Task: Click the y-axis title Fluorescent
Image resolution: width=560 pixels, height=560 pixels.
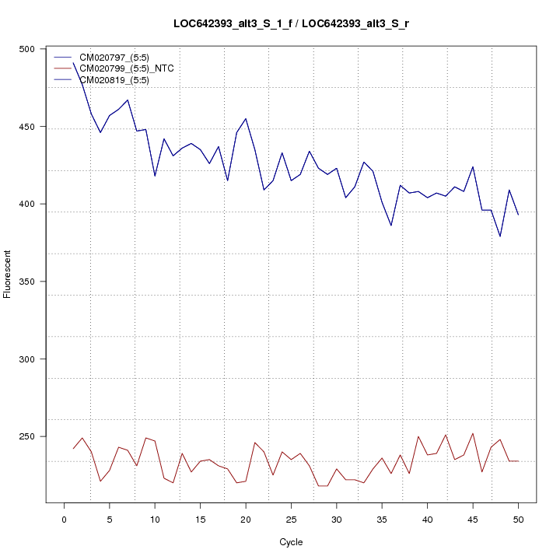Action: pos(9,274)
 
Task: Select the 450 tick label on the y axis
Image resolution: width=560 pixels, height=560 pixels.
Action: pos(26,127)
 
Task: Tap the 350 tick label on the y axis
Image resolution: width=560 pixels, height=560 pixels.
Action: pos(26,282)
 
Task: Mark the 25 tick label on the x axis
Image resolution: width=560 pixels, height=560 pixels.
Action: pos(291,519)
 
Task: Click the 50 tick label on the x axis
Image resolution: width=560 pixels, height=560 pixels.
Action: pos(518,519)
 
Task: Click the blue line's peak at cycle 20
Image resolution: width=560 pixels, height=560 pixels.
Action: pos(246,119)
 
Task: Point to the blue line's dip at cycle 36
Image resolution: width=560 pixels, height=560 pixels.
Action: pos(391,226)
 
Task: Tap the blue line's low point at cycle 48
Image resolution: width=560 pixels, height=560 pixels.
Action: pos(500,236)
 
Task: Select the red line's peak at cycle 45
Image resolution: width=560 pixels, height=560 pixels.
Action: pos(473,433)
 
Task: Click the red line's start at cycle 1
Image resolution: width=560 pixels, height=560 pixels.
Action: pos(73,449)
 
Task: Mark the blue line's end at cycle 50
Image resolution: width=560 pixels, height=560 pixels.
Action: pos(518,214)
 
